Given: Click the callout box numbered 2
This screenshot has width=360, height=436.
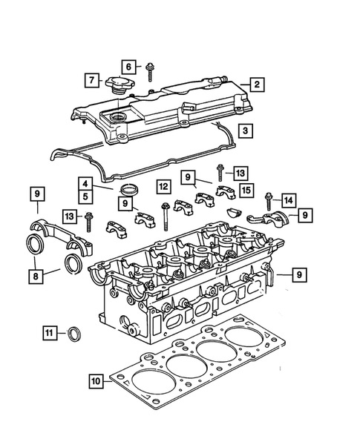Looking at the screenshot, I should (255, 85).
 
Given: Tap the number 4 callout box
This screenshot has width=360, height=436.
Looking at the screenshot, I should (87, 183).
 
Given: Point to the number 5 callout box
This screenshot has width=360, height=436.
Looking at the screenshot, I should (87, 196).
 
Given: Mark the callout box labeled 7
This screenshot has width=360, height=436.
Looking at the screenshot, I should (91, 79).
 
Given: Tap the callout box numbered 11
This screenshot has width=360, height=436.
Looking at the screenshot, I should (48, 334).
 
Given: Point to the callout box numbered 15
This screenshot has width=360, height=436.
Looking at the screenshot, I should (246, 191).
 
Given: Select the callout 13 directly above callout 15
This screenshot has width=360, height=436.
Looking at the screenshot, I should (239, 172).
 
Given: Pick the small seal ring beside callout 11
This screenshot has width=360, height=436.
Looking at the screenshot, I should (74, 334).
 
